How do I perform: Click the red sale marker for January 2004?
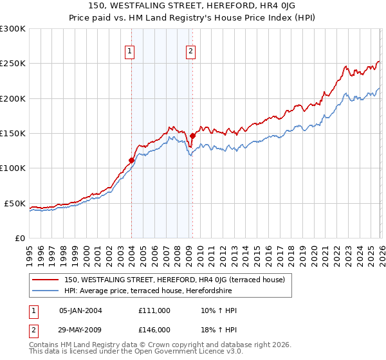131,160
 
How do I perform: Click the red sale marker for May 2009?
192,136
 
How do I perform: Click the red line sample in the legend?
46,280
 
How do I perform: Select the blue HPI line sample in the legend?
46,291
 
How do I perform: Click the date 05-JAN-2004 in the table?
80,310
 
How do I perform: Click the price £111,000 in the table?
154,310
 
